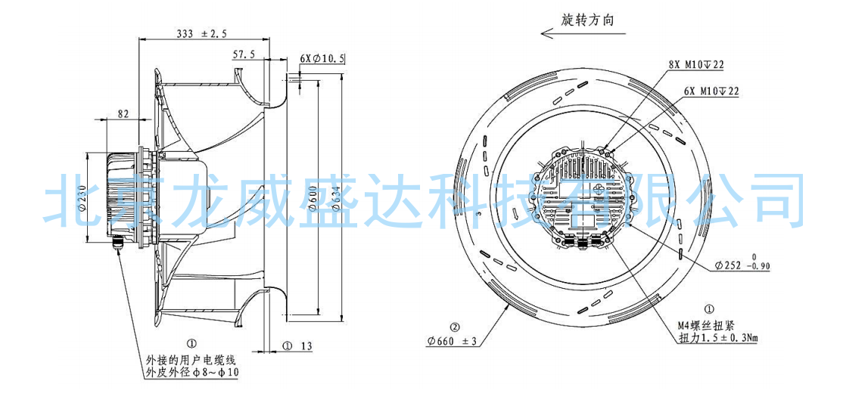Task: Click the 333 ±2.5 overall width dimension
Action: pos(201,34)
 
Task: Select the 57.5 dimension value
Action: pos(244,55)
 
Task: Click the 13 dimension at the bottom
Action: pos(306,345)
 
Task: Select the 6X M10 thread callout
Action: pos(711,91)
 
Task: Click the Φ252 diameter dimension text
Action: pos(742,266)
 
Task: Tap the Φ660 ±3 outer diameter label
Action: pos(452,342)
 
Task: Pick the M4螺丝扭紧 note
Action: pos(708,327)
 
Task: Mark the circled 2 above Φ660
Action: pos(455,327)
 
